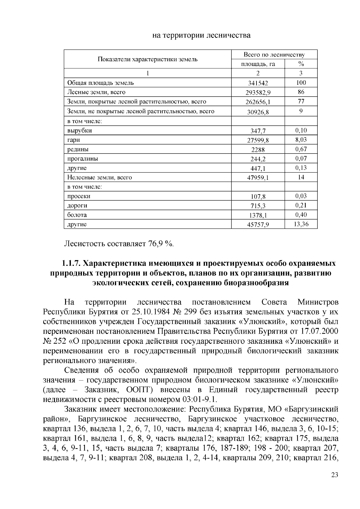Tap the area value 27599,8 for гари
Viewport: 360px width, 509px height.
(x=258, y=140)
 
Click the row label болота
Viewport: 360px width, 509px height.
(x=77, y=215)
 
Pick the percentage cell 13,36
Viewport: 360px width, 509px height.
(x=301, y=224)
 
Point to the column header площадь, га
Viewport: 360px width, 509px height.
(x=258, y=64)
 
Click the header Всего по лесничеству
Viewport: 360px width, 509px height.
(x=274, y=55)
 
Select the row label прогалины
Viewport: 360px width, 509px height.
(x=82, y=159)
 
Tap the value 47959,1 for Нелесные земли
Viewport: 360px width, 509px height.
(x=258, y=178)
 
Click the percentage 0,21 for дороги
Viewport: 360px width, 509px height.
(x=301, y=205)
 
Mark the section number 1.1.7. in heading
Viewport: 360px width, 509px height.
(x=71, y=263)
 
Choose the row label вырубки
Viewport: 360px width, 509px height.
(x=79, y=131)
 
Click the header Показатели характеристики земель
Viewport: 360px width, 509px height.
(x=148, y=59)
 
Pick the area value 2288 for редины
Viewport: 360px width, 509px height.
(x=258, y=150)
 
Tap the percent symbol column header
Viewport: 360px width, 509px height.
(x=301, y=64)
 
